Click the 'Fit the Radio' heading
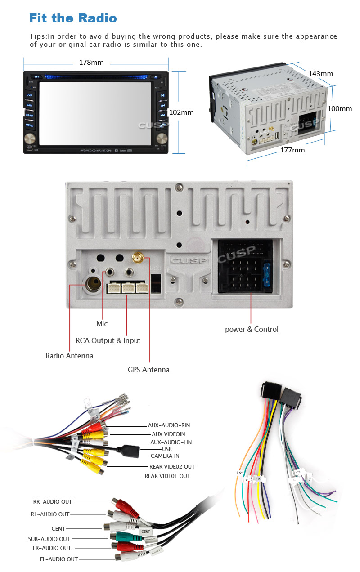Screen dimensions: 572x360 coord(73,18)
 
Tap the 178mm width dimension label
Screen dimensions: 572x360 coord(91,63)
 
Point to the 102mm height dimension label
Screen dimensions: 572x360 coord(181,112)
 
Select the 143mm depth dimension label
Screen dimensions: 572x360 coord(320,73)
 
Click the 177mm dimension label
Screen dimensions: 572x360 coord(292,150)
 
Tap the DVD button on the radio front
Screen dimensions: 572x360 coord(29,95)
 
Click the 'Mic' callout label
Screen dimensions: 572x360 coord(102,324)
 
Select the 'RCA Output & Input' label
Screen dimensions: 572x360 coord(108,340)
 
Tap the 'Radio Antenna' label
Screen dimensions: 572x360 coord(69,356)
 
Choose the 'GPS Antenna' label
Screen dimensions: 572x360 coord(148,370)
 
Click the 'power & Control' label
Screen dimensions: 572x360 coord(252,329)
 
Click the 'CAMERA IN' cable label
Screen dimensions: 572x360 coord(165,456)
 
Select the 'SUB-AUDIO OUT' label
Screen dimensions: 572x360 coord(49,539)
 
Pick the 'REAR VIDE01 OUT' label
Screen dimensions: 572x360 coord(167,476)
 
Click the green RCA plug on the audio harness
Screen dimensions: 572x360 coord(122,536)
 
